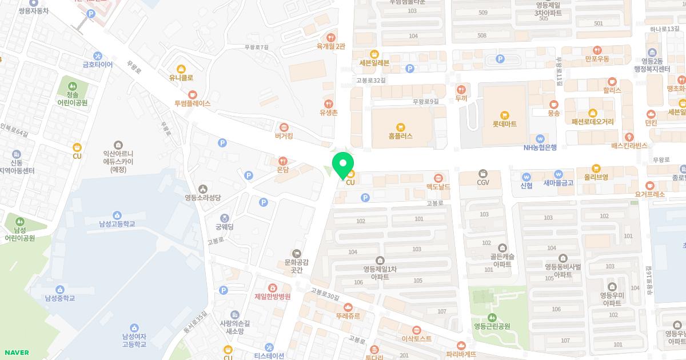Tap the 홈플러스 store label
pos(400,136)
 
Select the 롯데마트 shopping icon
pos(504,115)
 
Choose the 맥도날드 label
pos(438,187)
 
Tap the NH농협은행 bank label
pos(540,147)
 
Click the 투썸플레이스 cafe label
pos(193,103)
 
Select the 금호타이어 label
pos(98,65)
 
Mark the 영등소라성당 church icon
pos(202,189)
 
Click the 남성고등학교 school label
pos(117,224)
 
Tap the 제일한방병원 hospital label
pos(273,297)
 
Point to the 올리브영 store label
pos(596,177)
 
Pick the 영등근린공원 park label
pos(492,327)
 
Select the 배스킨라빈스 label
pos(629,146)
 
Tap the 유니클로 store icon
pos(181,69)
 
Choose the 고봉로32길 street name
pos(371,81)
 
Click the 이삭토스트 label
pos(416,338)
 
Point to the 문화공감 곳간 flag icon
pos(296,253)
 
